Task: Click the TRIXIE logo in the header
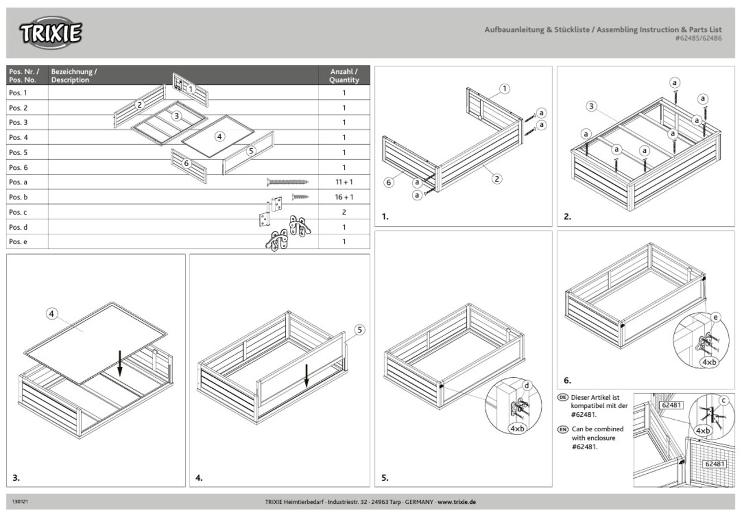click(x=51, y=33)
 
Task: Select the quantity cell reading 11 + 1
click(x=344, y=182)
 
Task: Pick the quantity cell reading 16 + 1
click(x=344, y=197)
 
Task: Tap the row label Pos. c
click(x=18, y=212)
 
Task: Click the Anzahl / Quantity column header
click(x=344, y=76)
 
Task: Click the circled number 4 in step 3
click(x=52, y=314)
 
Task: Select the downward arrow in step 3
click(x=119, y=363)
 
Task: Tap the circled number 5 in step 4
click(x=359, y=330)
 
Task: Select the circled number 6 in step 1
click(x=389, y=182)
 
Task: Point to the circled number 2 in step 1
click(x=496, y=178)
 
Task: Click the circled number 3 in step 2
click(x=591, y=106)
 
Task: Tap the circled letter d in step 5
click(x=527, y=385)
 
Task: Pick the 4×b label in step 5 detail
click(x=517, y=428)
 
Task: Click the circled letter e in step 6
click(x=716, y=317)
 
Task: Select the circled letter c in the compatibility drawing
click(x=724, y=400)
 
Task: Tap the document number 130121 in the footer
click(x=20, y=501)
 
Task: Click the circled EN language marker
click(x=562, y=430)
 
